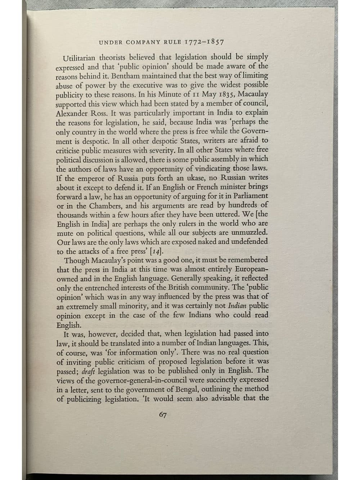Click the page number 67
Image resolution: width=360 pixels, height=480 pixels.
(x=162, y=415)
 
